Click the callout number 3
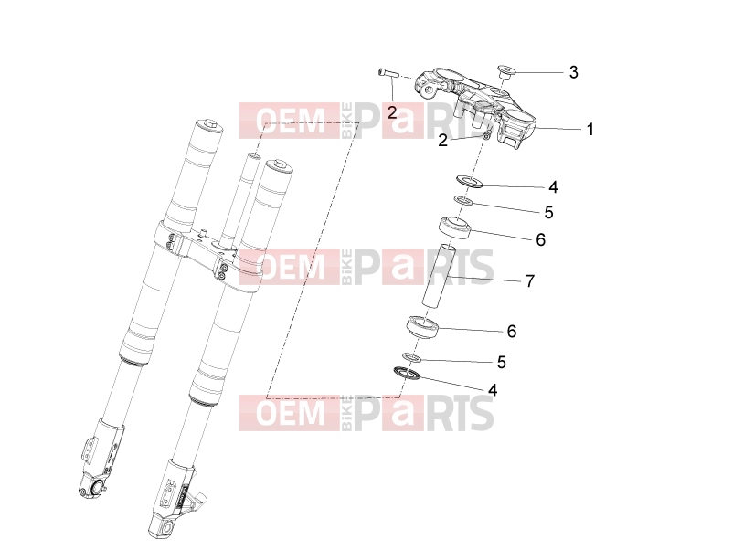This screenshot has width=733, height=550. tap(574, 72)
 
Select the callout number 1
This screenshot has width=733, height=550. tap(590, 130)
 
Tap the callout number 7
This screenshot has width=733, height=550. tap(530, 281)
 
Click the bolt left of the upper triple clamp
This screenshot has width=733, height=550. tap(387, 72)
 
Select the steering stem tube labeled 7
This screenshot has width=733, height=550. tap(439, 276)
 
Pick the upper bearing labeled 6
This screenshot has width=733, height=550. tap(454, 227)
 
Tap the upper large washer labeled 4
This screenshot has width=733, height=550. tap(469, 181)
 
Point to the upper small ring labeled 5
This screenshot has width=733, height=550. tap(463, 201)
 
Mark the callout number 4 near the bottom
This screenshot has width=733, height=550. tap(492, 390)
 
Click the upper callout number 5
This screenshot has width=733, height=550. tap(548, 213)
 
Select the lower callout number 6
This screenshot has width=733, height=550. tap(512, 332)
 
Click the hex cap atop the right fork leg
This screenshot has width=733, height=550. tap(279, 164)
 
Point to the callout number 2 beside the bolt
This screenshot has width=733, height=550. tap(392, 112)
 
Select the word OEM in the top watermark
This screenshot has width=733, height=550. tap(291, 121)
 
